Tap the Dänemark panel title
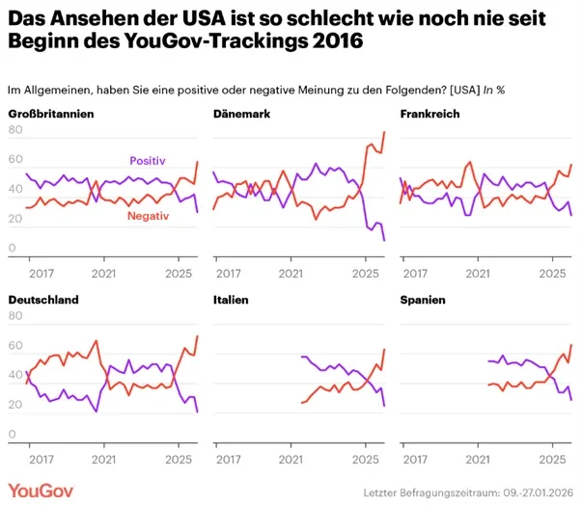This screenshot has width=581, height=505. coord(241,115)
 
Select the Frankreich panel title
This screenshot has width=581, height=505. coord(429,115)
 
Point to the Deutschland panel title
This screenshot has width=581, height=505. coord(43,301)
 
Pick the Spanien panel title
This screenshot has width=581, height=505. coord(423,301)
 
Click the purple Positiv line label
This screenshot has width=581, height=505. coord(148,161)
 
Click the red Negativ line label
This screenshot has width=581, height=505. coord(148,217)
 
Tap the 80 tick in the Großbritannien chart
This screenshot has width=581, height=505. coord(14,131)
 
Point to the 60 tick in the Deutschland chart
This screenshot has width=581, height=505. coord(14,345)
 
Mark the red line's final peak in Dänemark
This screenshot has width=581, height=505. coord(384,132)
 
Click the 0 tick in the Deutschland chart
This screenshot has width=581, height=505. coord(11,435)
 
